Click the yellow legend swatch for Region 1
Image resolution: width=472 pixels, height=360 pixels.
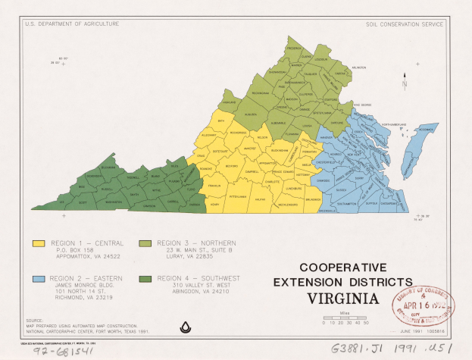(37, 244)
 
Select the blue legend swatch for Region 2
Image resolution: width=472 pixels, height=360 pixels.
(37, 279)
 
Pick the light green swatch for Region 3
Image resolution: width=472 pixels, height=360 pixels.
(144, 244)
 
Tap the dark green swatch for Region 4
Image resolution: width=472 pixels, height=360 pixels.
(144, 279)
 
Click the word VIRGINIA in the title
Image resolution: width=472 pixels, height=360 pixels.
(343, 297)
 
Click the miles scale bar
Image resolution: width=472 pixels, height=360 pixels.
(345, 317)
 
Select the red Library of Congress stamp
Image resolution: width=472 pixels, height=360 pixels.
(423, 308)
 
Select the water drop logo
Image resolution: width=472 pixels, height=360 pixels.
(183, 327)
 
